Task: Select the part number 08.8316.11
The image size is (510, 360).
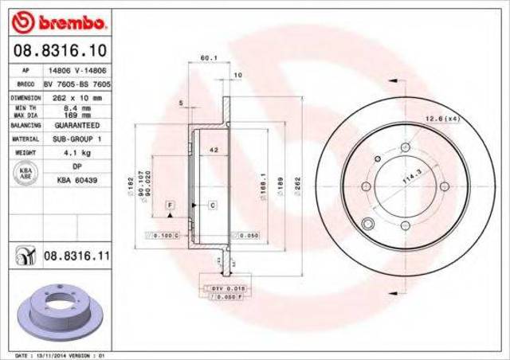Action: [76, 255]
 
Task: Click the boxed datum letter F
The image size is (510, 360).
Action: [170, 205]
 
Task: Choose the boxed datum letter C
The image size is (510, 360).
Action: [214, 205]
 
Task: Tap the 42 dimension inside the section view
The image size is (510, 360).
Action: [213, 151]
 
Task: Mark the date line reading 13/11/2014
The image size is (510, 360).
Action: [61, 354]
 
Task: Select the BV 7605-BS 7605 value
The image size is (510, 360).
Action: [76, 83]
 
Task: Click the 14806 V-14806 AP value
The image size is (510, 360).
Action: [76, 70]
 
